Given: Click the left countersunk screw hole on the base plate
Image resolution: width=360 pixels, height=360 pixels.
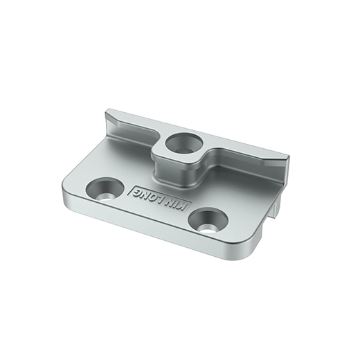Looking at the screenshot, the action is click(x=105, y=189).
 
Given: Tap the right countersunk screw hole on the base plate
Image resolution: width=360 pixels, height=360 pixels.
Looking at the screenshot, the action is click(x=208, y=222).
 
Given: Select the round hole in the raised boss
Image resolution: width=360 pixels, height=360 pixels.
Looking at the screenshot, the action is click(x=184, y=143).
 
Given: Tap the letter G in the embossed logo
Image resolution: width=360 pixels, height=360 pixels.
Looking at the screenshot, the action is click(x=136, y=192).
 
